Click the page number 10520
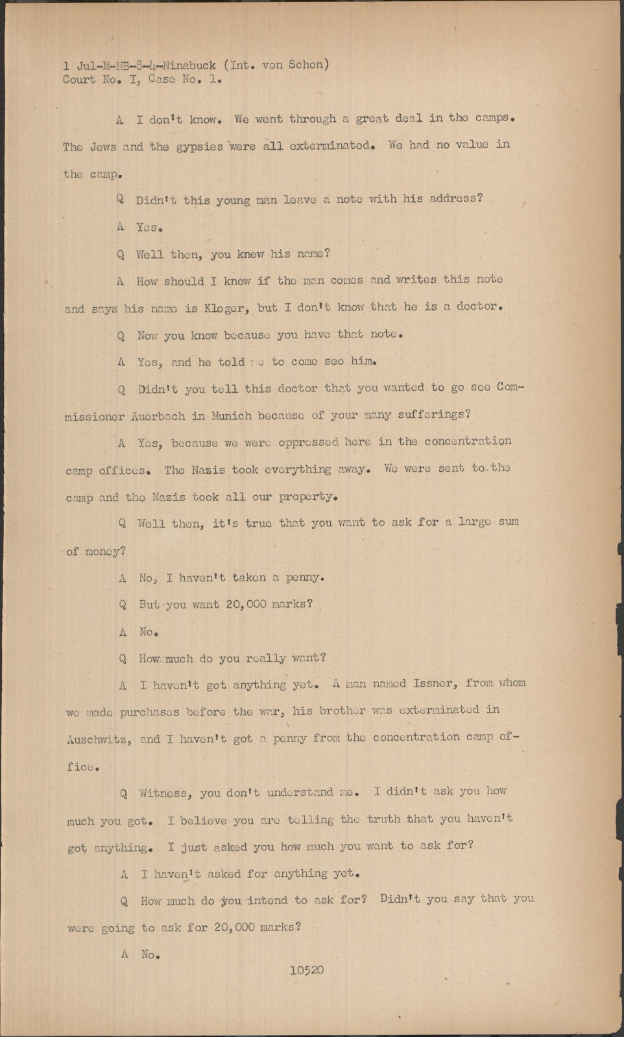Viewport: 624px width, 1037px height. (x=307, y=970)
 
